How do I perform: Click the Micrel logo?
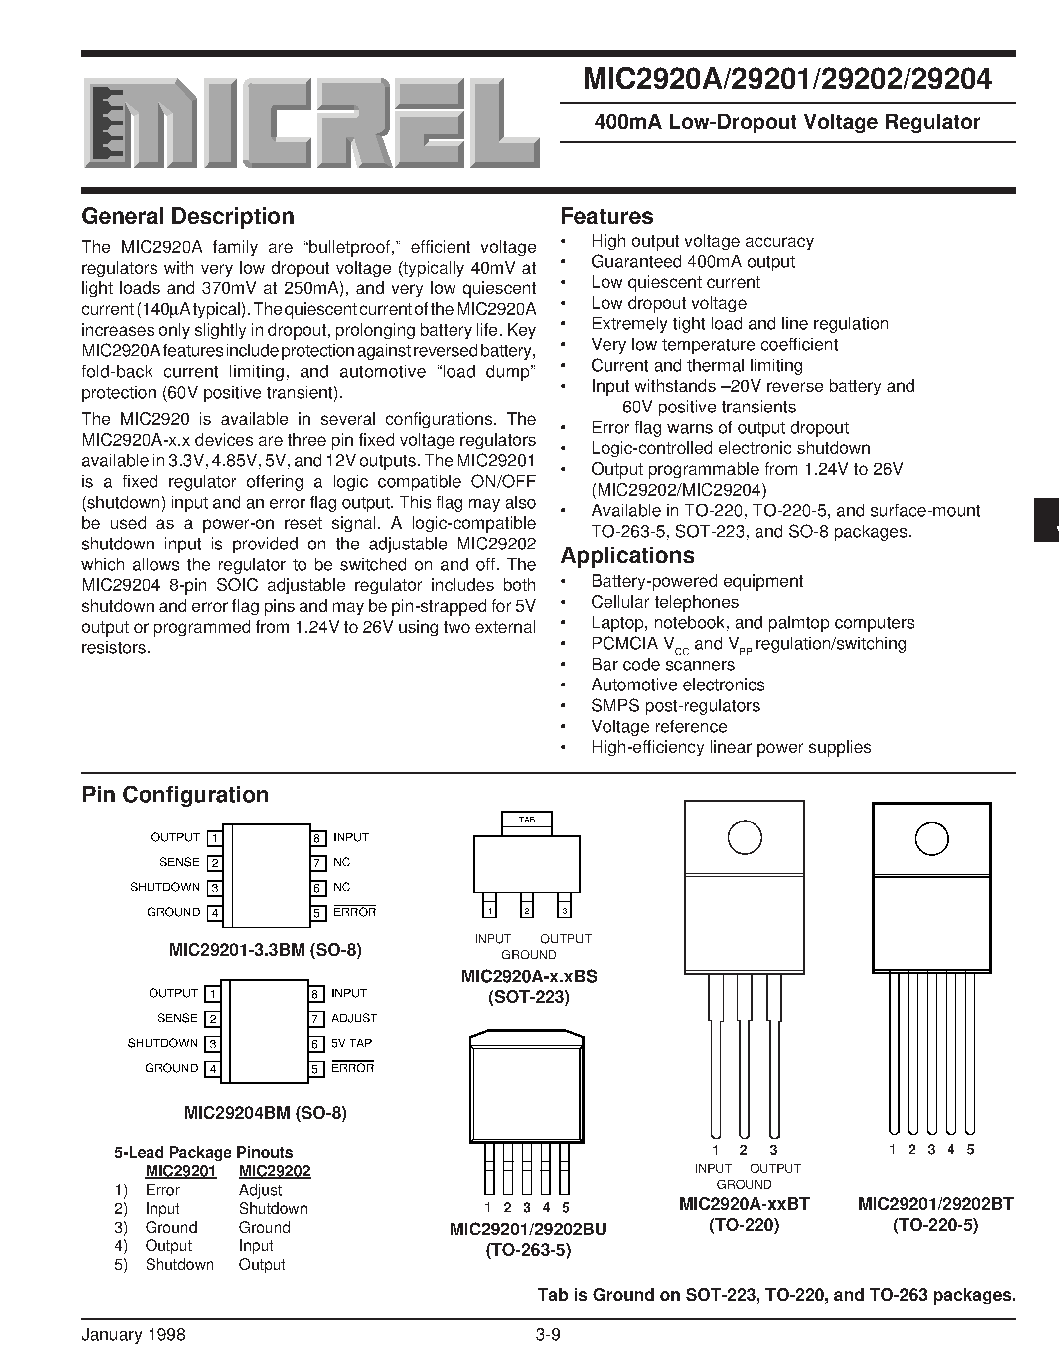310,123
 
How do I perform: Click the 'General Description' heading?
187,216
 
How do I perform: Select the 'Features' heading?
606,216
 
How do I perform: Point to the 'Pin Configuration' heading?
175,795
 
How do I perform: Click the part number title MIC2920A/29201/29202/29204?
787,80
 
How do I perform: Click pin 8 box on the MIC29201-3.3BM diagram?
318,838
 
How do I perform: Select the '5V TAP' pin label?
351,1043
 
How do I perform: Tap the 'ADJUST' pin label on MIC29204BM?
354,1018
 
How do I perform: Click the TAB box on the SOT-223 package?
527,820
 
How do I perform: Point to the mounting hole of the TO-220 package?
744,837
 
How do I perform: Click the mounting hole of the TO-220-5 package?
931,838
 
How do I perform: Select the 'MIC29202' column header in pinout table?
274,1171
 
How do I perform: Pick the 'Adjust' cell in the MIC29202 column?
260,1190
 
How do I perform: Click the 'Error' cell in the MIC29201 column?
162,1190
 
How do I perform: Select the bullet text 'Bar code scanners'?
662,664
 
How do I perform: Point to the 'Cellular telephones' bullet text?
664,602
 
